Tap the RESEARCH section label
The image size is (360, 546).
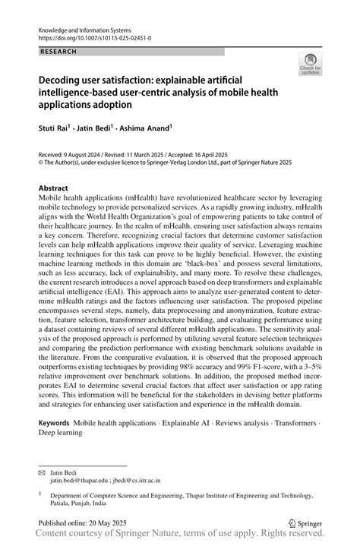tap(56, 51)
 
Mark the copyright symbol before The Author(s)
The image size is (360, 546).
tap(41, 162)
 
